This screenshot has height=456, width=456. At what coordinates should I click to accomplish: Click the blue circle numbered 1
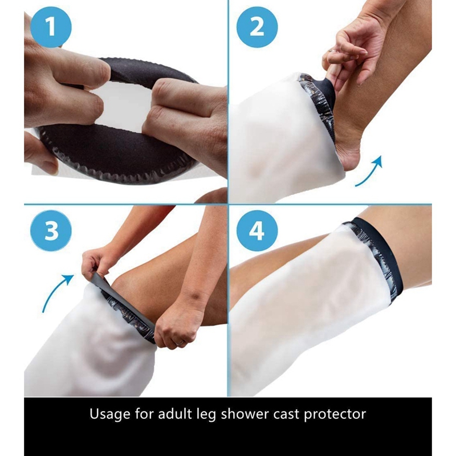point(51,28)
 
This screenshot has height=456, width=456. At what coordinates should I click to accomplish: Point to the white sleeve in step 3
point(85,348)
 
